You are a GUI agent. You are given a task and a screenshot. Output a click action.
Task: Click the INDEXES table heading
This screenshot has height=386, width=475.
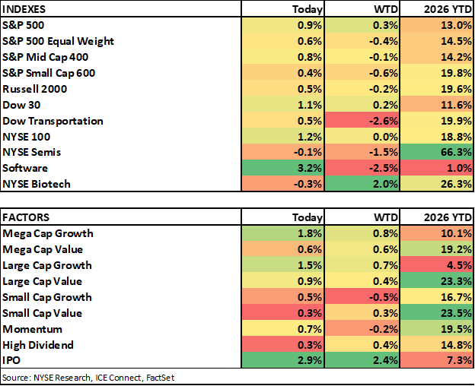point(24,9)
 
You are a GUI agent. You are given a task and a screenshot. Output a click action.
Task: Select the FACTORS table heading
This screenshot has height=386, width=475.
point(26,217)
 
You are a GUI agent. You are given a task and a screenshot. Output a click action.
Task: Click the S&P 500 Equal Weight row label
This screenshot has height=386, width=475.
point(58,41)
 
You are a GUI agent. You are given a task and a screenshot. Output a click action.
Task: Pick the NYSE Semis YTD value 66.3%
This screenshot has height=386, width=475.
point(456,152)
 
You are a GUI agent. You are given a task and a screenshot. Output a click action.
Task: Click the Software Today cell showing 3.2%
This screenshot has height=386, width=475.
point(310,168)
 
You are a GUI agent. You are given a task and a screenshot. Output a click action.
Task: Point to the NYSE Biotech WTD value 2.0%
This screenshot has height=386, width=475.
point(385,184)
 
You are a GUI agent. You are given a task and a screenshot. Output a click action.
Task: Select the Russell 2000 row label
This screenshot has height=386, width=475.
point(34,89)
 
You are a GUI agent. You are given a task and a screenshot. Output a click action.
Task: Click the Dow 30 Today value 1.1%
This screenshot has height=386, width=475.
point(310,105)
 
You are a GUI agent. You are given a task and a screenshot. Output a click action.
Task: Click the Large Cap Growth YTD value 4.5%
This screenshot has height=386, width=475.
point(459,265)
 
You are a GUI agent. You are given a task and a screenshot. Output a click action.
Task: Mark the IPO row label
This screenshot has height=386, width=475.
point(11,360)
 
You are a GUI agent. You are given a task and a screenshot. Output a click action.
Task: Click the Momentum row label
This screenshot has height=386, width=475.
point(33,329)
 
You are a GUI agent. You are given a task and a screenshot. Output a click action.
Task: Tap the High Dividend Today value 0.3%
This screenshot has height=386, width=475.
point(310,345)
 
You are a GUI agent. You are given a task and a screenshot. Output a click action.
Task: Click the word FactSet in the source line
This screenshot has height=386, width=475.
point(161,378)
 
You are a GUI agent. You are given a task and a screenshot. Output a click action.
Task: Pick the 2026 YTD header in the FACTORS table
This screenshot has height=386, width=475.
point(448,217)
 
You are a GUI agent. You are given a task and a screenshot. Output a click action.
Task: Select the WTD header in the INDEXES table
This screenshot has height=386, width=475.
point(386,9)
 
